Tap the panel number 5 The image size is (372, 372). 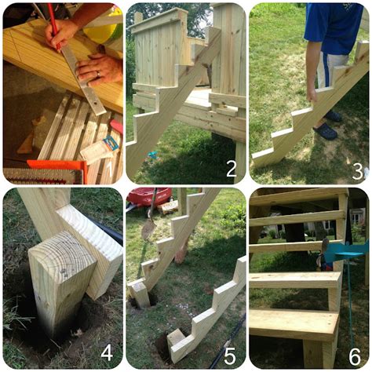click(x=231, y=355)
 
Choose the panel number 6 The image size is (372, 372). click(x=356, y=355)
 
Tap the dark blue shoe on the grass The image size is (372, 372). click(x=325, y=131)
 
